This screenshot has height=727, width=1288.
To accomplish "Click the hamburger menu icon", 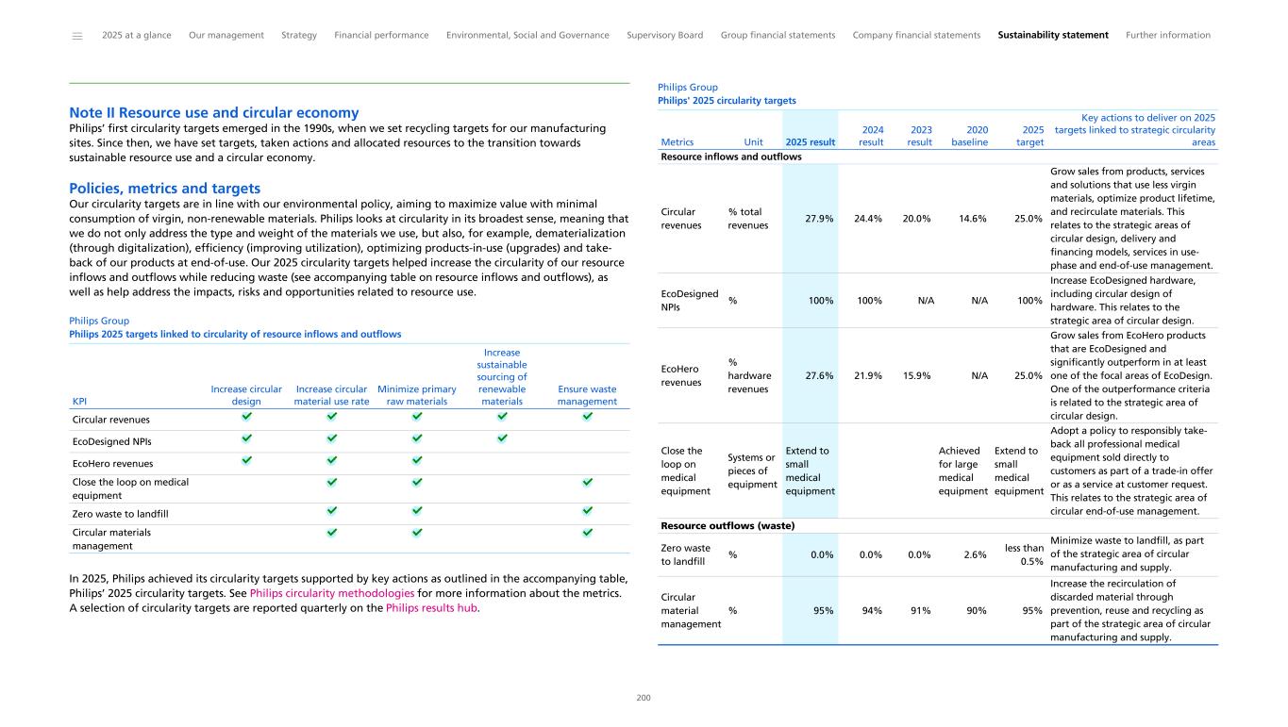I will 77,36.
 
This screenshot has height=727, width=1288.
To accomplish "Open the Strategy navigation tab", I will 299,36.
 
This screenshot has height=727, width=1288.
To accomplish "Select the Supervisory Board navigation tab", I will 664,36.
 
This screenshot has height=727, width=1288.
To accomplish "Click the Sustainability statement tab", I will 1052,36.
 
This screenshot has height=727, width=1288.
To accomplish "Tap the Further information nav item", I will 1167,36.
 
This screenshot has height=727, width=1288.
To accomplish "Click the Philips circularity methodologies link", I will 332,593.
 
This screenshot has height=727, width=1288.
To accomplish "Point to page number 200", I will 644,699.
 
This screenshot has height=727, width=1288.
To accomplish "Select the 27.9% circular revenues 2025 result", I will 818,219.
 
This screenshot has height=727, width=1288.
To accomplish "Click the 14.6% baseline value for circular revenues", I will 970,219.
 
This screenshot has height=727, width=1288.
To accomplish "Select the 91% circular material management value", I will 919,610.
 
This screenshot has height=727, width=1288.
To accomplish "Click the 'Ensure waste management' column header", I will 587,395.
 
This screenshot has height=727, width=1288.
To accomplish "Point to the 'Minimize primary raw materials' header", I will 416,395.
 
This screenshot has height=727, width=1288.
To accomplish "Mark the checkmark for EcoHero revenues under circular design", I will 246,460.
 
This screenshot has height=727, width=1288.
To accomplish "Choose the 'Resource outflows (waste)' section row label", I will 728,526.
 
